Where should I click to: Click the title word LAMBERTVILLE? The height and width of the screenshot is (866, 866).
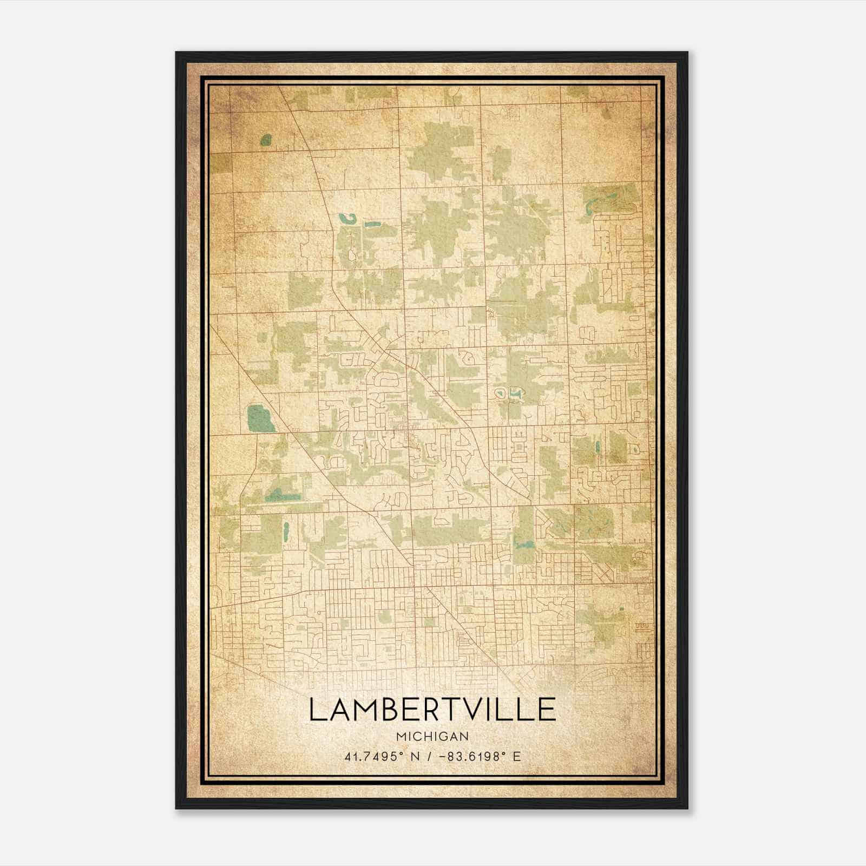tap(432, 710)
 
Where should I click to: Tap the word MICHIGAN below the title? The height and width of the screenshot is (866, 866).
tap(432, 736)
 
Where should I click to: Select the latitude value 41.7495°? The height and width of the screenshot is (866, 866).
tap(375, 756)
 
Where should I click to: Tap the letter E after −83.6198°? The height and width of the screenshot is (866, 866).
tap(517, 756)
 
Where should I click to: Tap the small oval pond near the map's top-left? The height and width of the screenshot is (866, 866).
tap(265, 140)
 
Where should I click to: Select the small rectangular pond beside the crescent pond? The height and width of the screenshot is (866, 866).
tap(373, 224)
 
